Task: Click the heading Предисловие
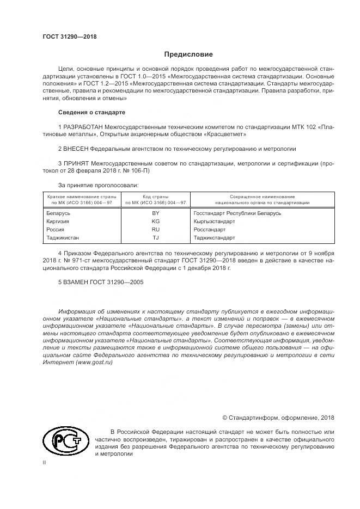188,54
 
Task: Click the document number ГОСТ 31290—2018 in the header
70,36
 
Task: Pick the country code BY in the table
155,213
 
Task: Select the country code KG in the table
155,222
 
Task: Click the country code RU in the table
155,230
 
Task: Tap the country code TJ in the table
155,238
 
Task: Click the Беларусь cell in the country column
59,213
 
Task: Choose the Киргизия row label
59,222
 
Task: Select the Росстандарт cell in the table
210,230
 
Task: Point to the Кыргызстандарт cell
214,222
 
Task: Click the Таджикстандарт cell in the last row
213,238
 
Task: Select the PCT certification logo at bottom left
66,441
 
